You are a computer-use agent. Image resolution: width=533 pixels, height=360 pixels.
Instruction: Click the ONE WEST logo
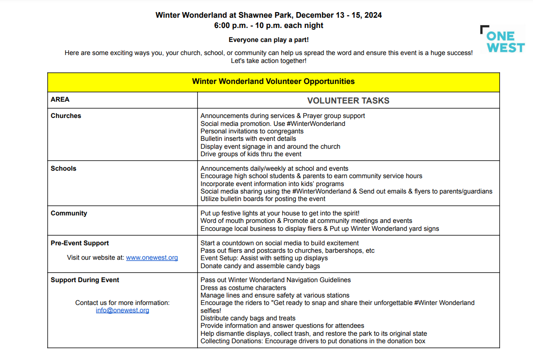[502, 39]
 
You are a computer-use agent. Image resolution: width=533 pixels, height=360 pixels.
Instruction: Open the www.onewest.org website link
[152, 258]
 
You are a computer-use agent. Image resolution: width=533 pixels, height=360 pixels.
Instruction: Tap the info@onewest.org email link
[123, 311]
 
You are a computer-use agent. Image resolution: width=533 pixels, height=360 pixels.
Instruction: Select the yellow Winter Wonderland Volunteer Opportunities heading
[273, 82]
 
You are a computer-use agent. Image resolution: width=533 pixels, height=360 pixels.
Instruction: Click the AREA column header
[60, 99]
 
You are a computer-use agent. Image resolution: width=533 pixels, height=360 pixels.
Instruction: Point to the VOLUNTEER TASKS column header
[348, 101]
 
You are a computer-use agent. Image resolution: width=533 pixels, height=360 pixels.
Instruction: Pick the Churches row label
[66, 116]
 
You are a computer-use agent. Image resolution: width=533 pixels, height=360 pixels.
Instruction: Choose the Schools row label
[63, 168]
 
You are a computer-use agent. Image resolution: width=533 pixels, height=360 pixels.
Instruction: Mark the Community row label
[69, 213]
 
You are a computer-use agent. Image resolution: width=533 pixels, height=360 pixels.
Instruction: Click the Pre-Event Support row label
[80, 243]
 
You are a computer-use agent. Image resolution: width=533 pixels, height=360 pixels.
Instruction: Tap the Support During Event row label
[85, 280]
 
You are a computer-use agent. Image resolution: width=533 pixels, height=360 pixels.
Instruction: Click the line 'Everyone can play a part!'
[269, 40]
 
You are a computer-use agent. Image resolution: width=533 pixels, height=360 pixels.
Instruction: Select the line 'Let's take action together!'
[269, 61]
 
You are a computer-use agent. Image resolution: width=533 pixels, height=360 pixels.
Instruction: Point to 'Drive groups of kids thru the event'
[251, 154]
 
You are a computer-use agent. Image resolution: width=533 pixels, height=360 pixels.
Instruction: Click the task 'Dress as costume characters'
[243, 288]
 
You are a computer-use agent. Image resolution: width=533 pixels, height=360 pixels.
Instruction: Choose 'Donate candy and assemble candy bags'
[260, 266]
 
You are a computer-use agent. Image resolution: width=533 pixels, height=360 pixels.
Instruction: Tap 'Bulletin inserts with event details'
[248, 138]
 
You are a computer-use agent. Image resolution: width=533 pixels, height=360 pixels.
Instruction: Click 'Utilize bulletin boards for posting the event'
[263, 199]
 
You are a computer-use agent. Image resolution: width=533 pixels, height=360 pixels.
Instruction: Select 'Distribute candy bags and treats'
[248, 318]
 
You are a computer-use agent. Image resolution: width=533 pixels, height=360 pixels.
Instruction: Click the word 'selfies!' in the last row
[211, 311]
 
